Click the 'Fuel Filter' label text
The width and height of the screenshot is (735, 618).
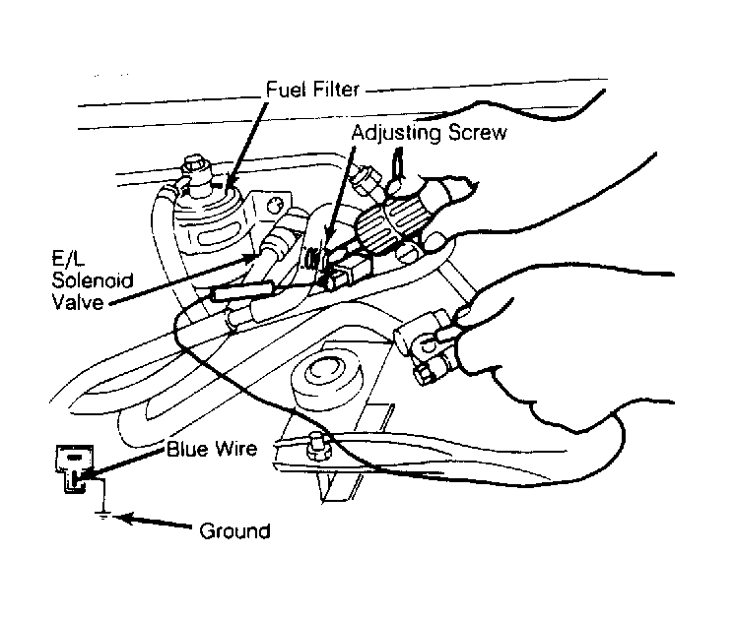pos(312,89)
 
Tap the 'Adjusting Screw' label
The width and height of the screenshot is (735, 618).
pos(429,133)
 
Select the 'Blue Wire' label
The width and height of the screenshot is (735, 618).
pos(212,449)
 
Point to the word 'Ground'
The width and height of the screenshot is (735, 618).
pos(234,531)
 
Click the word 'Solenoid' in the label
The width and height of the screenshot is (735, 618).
pos(93,280)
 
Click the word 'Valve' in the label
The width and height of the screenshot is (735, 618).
pos(78,302)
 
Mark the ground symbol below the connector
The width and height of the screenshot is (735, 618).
pos(102,516)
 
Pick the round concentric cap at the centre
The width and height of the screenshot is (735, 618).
pos(327,375)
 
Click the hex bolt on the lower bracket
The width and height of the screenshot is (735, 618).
pos(318,445)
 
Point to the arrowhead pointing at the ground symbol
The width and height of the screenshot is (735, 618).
pos(123,519)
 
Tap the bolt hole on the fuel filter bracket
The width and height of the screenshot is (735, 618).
pos(273,205)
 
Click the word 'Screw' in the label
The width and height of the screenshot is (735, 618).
pos(477,132)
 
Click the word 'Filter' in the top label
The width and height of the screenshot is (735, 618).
pos(336,89)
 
